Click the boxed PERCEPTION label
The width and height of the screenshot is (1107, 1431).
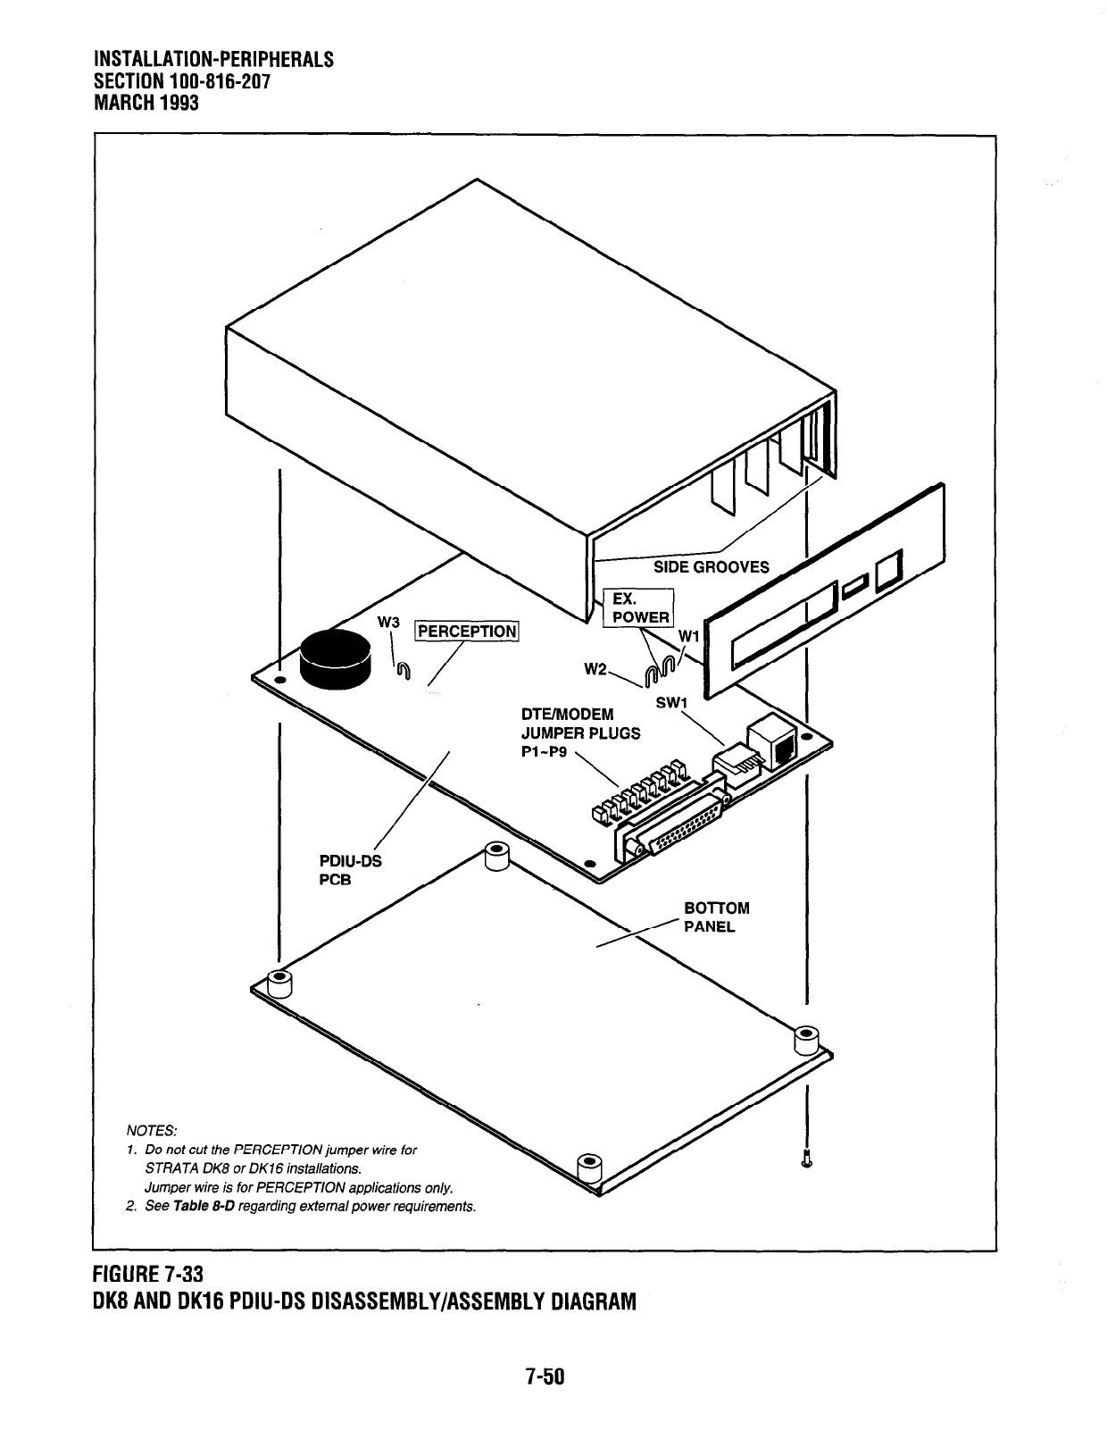[468, 631]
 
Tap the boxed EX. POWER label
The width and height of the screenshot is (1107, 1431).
[638, 608]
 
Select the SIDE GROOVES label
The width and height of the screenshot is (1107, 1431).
[711, 567]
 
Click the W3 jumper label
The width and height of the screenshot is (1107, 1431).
[387, 622]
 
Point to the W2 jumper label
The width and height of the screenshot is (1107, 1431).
[596, 669]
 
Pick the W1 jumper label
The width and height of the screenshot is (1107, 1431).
[689, 635]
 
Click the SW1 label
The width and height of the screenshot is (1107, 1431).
[670, 703]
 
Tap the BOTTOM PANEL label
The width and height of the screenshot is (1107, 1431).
[716, 917]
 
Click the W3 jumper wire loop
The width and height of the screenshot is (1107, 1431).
[404, 671]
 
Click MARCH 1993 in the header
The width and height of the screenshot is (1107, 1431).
[146, 102]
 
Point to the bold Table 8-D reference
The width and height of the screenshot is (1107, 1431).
[204, 1207]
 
